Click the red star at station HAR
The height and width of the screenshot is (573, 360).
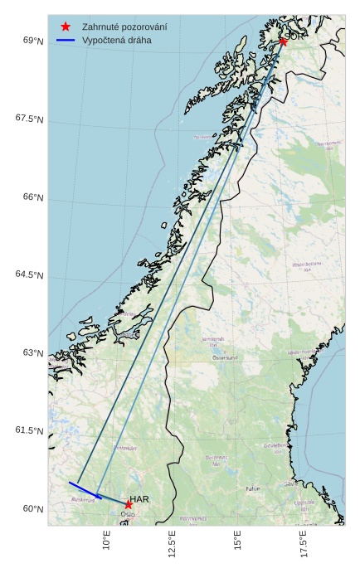point(129,504)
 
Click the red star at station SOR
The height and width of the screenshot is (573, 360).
point(283,41)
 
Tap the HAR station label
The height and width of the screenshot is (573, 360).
point(139,499)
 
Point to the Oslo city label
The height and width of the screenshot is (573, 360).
point(128,514)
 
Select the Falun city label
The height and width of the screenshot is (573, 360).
point(253,488)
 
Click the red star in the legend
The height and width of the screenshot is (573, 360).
point(66,27)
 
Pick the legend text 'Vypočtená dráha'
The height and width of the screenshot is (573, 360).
point(117,40)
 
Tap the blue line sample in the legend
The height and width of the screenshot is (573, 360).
point(66,40)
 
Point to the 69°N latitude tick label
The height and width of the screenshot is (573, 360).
point(33,41)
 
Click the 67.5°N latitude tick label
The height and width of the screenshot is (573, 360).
point(29,119)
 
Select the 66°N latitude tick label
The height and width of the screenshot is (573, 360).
point(33,197)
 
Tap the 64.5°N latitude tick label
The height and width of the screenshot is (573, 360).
point(29,275)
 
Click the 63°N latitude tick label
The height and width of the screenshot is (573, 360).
point(33,353)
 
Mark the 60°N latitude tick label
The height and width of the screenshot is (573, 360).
point(33,509)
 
